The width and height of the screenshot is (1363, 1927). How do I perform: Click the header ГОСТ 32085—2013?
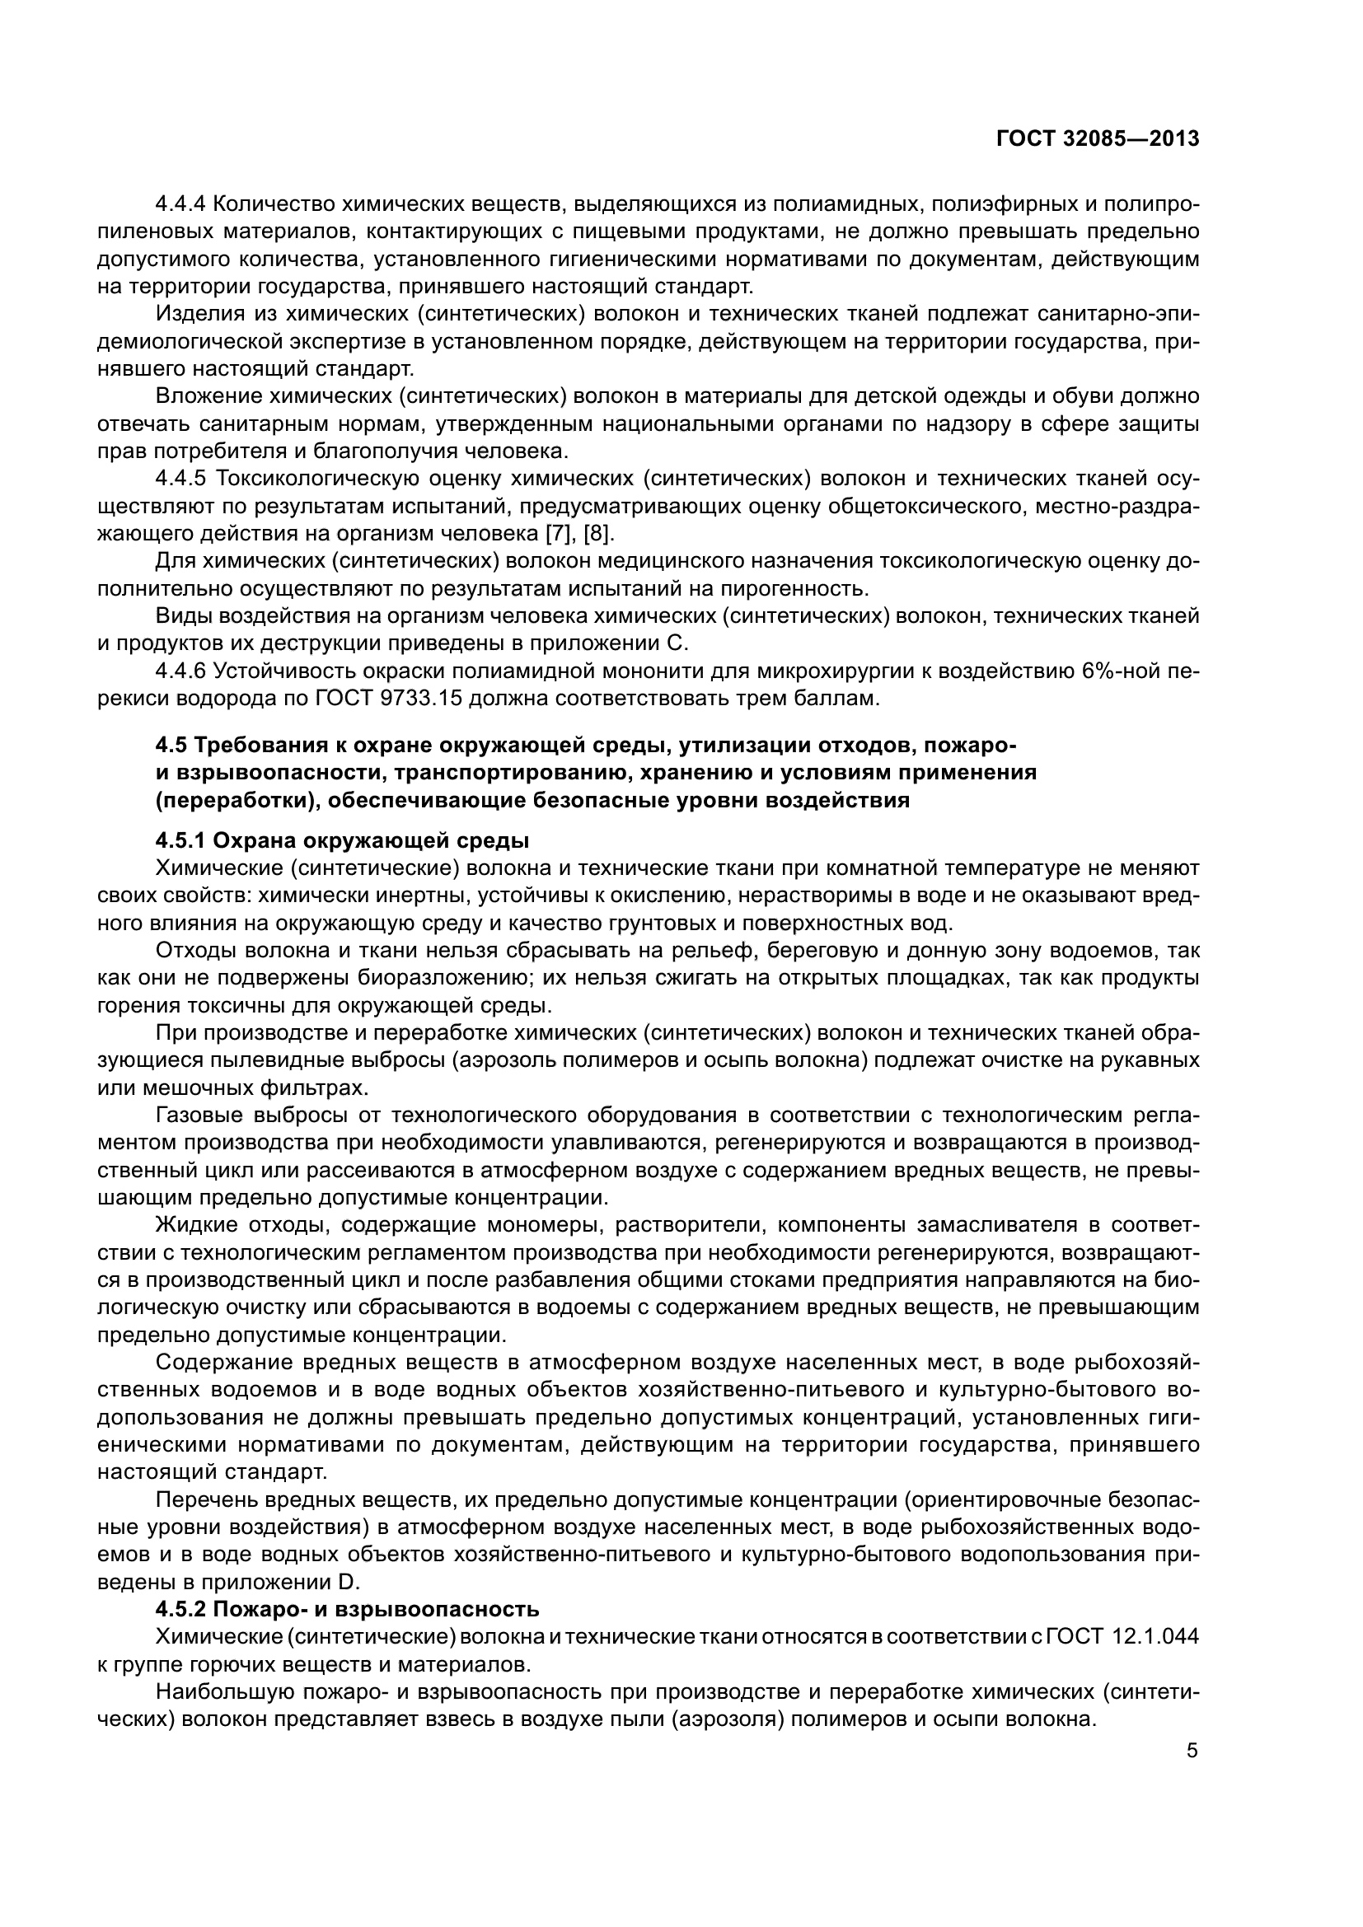[1097, 139]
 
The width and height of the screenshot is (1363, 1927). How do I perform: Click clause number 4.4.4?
[181, 204]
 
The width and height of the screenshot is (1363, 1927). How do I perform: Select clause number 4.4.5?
[181, 479]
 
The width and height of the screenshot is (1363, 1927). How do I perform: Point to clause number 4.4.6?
[181, 671]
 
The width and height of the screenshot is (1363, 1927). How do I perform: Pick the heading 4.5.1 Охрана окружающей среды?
[343, 840]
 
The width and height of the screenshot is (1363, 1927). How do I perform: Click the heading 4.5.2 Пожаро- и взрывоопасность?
[347, 1609]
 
